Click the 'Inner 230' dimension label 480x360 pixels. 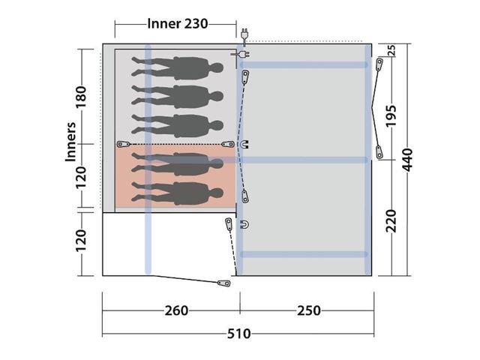pos(177,23)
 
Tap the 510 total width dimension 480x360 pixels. pos(238,333)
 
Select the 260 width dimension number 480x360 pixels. pos(176,310)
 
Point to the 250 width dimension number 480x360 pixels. pos(309,310)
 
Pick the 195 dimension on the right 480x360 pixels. pos(391,116)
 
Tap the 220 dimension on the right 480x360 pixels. pos(391,221)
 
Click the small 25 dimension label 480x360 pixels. pos(391,50)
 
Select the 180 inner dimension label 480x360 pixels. pos(81,97)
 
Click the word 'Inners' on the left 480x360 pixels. pos(70,142)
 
